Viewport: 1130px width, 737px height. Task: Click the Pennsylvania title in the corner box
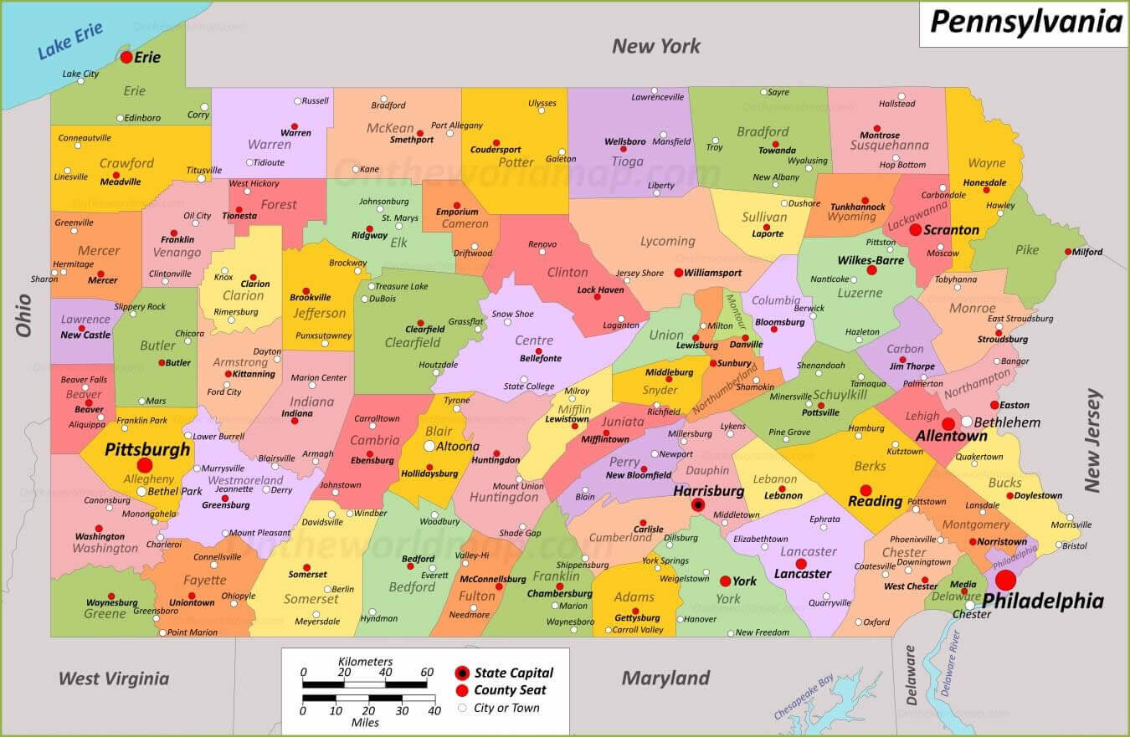(1025, 22)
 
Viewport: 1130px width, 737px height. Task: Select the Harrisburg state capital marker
(697, 504)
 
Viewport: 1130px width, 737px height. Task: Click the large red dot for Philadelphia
(1005, 580)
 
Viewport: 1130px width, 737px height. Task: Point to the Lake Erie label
(70, 40)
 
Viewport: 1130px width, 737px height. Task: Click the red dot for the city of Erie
(126, 57)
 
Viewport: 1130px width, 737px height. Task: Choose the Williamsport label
(713, 273)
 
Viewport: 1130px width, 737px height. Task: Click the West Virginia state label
(114, 678)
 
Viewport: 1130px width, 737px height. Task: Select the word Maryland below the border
(665, 678)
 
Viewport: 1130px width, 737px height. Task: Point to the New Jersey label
(1093, 440)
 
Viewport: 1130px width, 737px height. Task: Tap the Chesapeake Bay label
(804, 697)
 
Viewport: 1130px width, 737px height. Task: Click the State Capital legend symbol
(461, 673)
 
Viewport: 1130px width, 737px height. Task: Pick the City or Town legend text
(506, 708)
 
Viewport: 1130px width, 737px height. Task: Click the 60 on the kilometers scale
(427, 673)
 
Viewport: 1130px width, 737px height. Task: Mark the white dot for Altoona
(430, 446)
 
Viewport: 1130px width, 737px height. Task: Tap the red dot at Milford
(1069, 252)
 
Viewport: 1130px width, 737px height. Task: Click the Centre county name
(534, 340)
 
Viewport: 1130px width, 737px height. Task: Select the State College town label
(529, 386)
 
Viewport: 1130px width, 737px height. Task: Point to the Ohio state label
(23, 315)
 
